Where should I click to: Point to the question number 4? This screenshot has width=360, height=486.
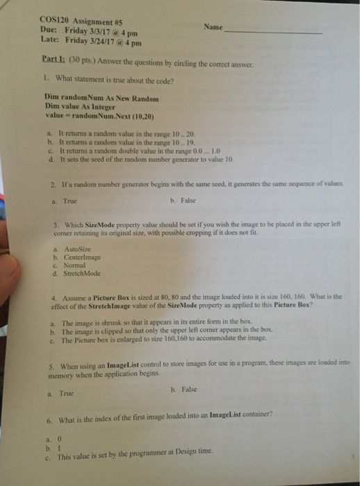pyautogui.click(x=53, y=294)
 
